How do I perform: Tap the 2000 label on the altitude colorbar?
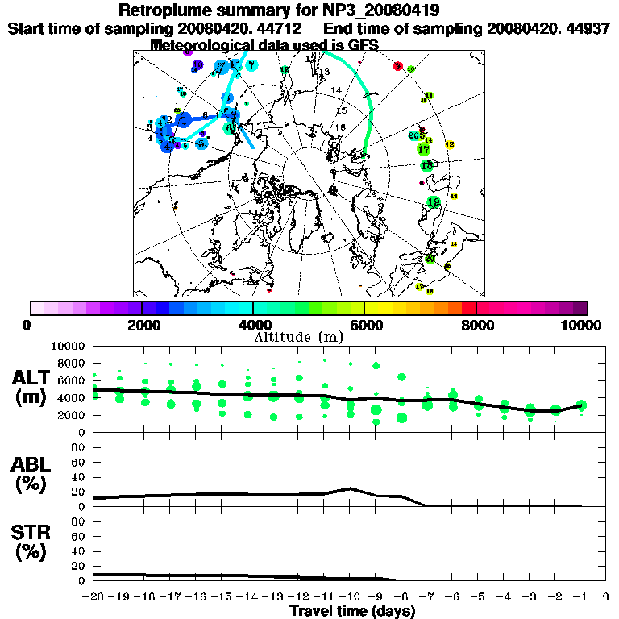tap(141, 325)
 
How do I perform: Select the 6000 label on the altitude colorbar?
tap(365, 325)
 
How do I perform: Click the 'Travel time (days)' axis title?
tap(352, 612)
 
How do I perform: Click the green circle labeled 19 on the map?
tap(434, 202)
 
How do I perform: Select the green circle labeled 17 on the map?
tap(423, 150)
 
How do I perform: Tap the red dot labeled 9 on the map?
tap(397, 66)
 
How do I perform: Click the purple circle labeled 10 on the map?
tap(196, 65)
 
